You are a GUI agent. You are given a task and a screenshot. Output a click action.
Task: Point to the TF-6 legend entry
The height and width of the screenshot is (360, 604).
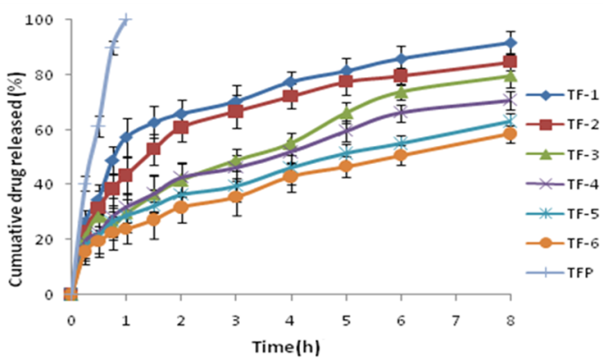pos(564,263)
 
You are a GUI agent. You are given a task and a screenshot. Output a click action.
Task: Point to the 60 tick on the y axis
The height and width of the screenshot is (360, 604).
pos(52,130)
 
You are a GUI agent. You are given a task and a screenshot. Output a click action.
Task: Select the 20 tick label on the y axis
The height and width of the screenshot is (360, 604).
pos(52,239)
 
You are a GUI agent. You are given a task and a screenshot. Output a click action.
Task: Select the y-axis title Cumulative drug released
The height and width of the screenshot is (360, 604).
pos(16,156)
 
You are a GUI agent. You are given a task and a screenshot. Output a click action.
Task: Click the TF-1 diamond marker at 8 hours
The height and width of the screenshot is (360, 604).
pos(510,43)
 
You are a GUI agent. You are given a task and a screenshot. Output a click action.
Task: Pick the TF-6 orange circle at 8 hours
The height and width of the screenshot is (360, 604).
pos(510,133)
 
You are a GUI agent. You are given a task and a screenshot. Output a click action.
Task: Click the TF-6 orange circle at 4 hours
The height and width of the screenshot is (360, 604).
pos(291,176)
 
